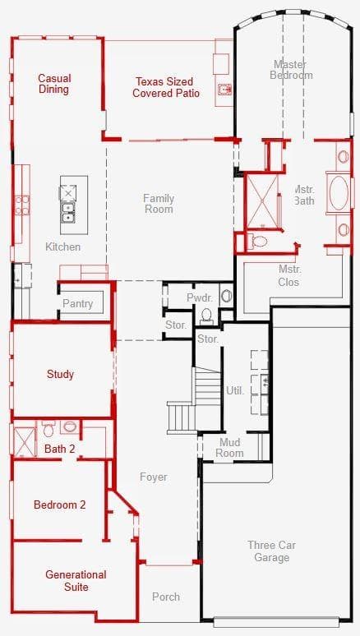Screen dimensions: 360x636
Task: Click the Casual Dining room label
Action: click(x=54, y=84)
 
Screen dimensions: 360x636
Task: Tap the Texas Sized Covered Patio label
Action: click(x=166, y=88)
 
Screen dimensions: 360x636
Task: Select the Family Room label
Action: click(x=159, y=204)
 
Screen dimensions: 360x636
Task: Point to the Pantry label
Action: click(x=77, y=303)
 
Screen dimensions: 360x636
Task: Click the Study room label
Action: click(x=60, y=374)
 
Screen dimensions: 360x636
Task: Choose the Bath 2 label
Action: click(x=60, y=449)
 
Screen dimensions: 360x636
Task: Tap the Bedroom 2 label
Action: click(x=60, y=505)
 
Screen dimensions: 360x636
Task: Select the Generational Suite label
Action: click(x=76, y=580)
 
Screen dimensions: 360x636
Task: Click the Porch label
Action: click(x=166, y=597)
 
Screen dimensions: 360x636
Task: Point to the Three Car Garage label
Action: click(x=271, y=551)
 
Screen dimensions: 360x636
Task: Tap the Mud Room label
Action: click(x=229, y=447)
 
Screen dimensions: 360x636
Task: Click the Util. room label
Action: click(x=235, y=391)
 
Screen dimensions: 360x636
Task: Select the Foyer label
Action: click(x=154, y=477)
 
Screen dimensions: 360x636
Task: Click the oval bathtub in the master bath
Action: click(x=339, y=193)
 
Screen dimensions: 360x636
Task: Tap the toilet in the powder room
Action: click(x=206, y=316)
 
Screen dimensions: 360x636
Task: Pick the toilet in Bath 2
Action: click(x=48, y=428)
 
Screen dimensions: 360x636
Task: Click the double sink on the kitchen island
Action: click(x=68, y=213)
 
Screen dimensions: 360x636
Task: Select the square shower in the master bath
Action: click(x=262, y=200)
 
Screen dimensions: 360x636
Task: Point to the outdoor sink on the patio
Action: click(x=224, y=90)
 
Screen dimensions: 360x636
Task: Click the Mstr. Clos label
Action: click(x=288, y=276)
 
